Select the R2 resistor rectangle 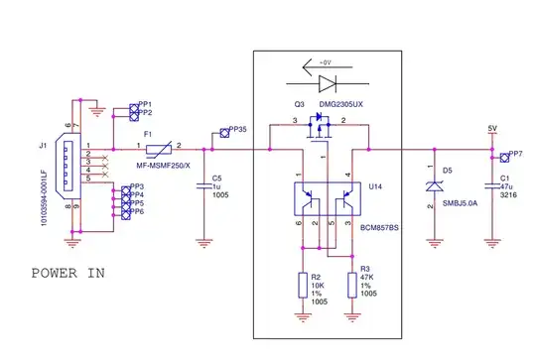pos(304,285)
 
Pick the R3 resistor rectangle pos(351,285)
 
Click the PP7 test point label pos(515,156)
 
